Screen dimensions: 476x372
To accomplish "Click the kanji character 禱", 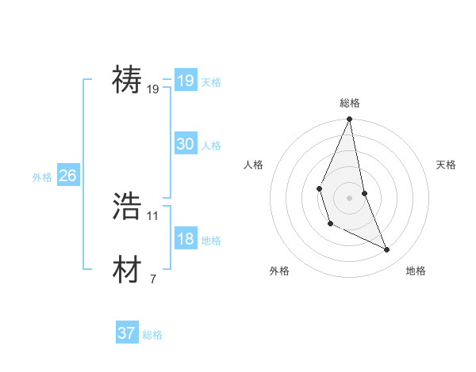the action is [x=128, y=80].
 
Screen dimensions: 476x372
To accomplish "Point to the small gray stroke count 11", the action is [x=153, y=215].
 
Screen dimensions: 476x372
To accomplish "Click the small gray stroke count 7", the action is [x=153, y=279].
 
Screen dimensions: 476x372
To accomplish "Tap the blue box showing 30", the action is [x=185, y=144].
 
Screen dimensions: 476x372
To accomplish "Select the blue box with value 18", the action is [x=185, y=239].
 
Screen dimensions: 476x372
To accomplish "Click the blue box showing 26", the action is [x=67, y=176].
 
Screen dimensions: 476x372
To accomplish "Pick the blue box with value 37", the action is [x=127, y=333].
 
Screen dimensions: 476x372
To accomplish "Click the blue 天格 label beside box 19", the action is [x=211, y=82].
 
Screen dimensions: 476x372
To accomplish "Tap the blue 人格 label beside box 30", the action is [x=211, y=146].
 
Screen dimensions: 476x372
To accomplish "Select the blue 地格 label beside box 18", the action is [x=211, y=241].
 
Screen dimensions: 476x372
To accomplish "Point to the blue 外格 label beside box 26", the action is [x=42, y=177].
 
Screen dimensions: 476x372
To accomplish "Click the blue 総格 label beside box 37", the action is [x=152, y=335].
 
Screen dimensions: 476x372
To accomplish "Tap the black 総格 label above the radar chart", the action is [x=349, y=103].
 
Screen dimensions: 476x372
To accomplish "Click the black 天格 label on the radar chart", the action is [x=446, y=165].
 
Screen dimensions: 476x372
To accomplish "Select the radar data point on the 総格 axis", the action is [x=349, y=120].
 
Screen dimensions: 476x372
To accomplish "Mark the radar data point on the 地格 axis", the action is [x=387, y=250].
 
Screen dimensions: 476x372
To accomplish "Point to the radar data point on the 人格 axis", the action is [x=319, y=188].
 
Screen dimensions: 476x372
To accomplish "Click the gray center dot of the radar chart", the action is [x=349, y=198].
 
